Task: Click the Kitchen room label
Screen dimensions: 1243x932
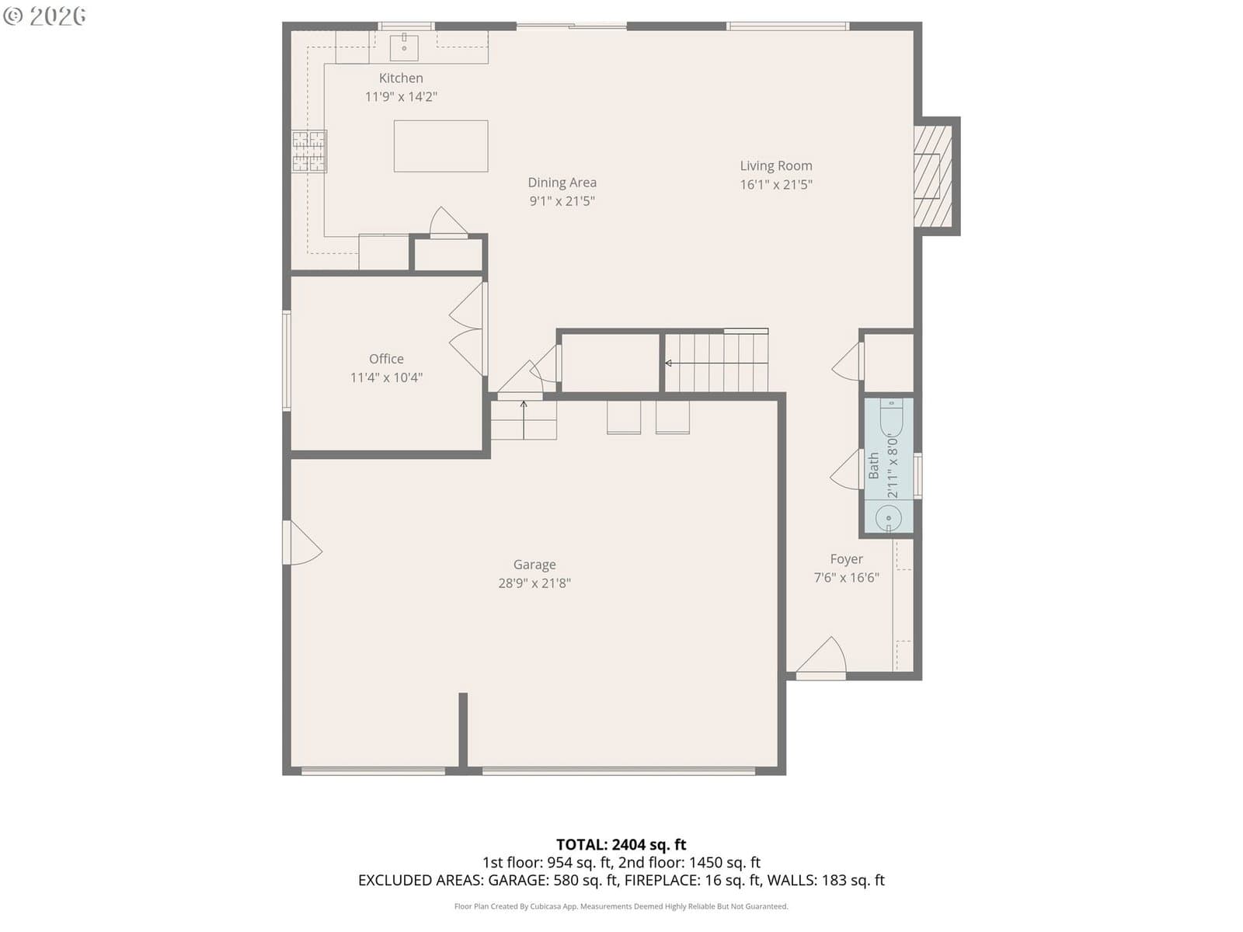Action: click(400, 78)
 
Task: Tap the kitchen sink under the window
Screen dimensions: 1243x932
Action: click(404, 47)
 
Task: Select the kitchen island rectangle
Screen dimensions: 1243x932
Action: click(440, 146)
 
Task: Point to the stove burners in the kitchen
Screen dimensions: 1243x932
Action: click(308, 151)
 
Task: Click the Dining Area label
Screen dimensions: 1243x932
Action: click(562, 183)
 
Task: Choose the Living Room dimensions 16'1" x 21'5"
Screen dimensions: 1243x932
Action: click(776, 185)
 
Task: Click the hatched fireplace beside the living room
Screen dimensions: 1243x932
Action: click(933, 176)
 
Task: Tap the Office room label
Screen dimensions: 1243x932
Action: click(386, 359)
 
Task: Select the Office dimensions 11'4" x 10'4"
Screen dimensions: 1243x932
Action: click(386, 377)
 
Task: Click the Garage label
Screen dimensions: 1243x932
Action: click(534, 564)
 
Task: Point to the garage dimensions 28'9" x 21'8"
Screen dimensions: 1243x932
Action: click(534, 582)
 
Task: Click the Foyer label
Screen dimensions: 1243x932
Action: click(846, 559)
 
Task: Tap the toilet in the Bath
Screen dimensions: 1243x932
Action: click(891, 417)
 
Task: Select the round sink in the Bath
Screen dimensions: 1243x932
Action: click(888, 518)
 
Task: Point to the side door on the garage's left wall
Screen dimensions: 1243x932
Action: click(302, 542)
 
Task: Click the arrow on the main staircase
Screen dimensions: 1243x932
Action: click(716, 363)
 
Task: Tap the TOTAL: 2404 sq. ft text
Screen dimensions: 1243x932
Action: click(621, 844)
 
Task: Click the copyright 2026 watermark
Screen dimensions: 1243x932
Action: click(44, 16)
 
